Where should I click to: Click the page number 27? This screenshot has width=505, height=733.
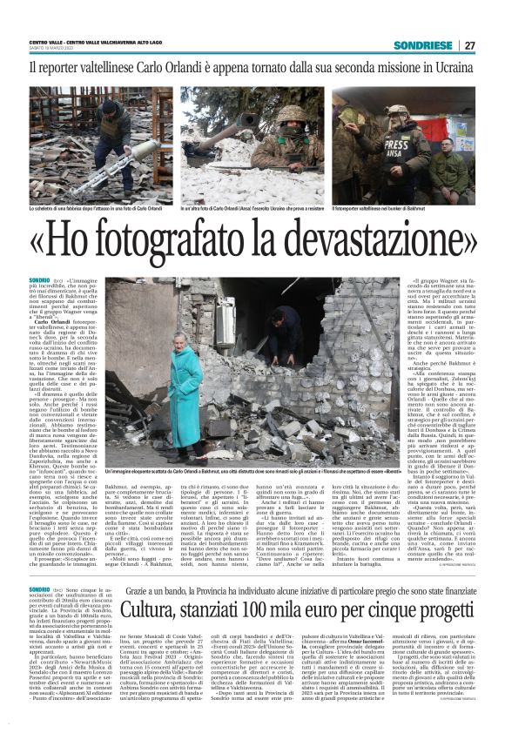pos(469,45)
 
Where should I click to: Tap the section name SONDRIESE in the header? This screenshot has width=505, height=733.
pos(422,45)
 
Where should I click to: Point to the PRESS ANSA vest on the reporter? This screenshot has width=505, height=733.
pos(405,149)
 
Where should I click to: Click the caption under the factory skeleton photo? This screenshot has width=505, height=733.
pos(96,210)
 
